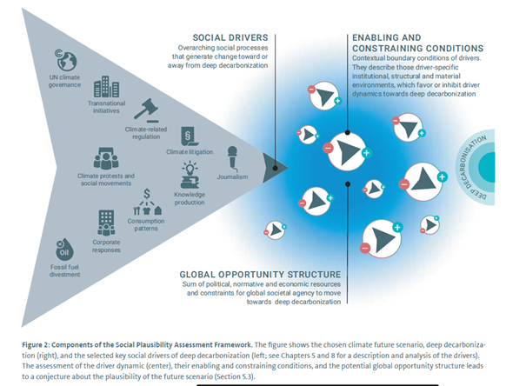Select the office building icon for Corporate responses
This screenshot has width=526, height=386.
coord(107,221)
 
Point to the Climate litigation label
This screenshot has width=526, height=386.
coord(189,152)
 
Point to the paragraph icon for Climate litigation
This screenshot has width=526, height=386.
coord(186,136)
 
